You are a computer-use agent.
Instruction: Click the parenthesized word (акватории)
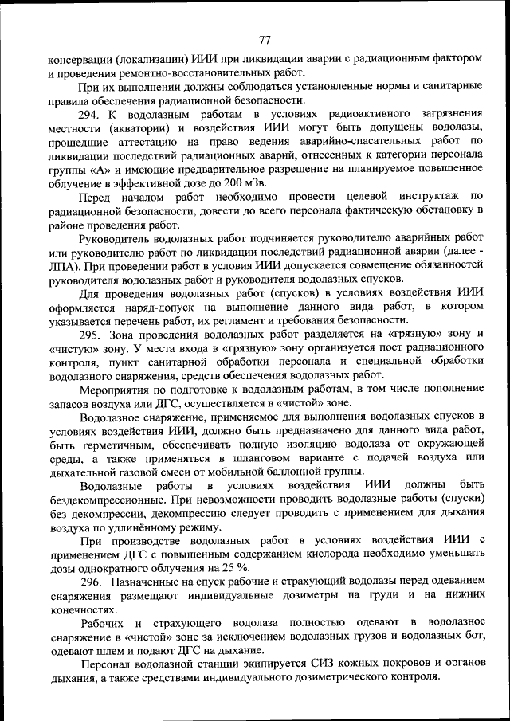tap(133, 127)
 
